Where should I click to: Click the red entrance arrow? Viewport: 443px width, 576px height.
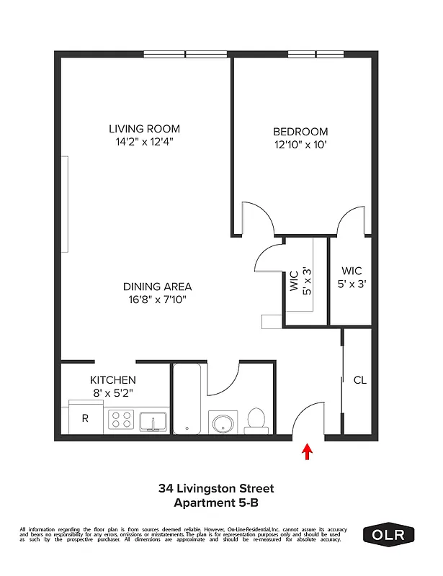coord(308,451)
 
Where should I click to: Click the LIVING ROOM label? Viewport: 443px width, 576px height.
coord(144,129)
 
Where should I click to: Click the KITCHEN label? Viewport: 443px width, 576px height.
coord(112,379)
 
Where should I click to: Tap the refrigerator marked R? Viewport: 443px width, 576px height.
coord(84,418)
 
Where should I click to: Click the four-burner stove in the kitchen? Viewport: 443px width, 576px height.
coord(120,418)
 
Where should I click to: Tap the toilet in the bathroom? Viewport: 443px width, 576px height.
coord(256,420)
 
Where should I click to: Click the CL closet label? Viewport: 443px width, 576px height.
coord(359,380)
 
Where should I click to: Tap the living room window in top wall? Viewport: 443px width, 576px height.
coord(185,54)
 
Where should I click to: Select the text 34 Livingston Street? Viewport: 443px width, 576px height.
coord(216,489)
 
